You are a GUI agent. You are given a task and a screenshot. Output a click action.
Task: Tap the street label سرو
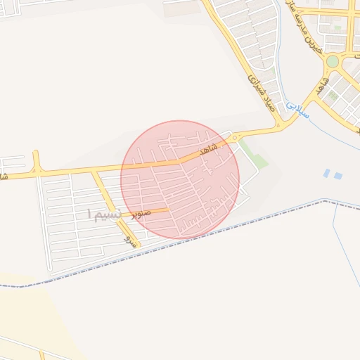tap(129, 240)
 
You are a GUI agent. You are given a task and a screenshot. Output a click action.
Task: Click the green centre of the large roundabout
tap(332, 61)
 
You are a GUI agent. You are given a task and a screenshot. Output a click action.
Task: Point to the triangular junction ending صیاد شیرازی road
tap(279, 125)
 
